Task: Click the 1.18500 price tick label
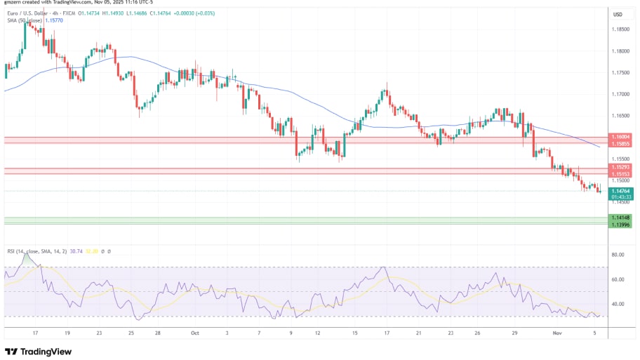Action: [620, 29]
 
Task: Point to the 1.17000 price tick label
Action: [620, 94]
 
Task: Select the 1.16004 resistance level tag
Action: [621, 138]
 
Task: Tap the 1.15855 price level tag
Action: [621, 143]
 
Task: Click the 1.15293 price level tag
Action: [621, 168]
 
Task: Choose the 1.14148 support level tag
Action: [621, 218]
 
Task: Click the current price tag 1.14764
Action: [621, 191]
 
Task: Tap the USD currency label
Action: [618, 14]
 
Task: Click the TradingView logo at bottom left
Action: [40, 351]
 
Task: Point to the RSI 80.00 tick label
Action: [618, 255]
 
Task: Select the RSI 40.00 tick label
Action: [618, 304]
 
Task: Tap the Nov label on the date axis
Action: [556, 335]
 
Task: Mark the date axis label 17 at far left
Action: [36, 335]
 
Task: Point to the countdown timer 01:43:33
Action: [621, 197]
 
